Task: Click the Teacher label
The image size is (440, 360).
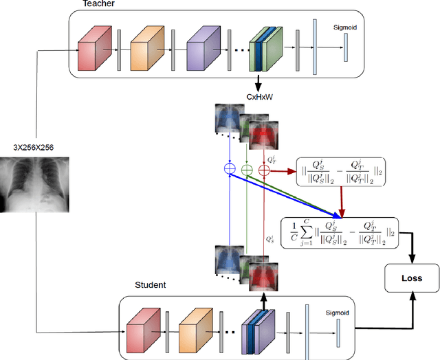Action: point(99,5)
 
